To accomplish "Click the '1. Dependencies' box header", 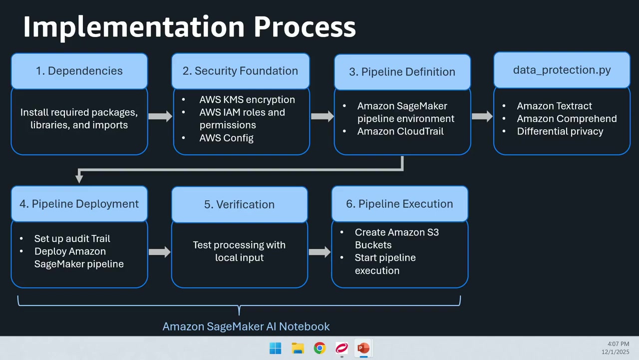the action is tap(79, 71).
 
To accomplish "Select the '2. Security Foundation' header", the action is tap(241, 71).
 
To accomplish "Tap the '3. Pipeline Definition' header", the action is tap(402, 72).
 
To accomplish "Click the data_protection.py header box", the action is tap(562, 70).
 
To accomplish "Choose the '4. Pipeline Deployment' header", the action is tap(79, 204).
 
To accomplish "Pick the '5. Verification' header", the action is tap(239, 204).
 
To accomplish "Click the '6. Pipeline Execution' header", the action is tap(400, 204).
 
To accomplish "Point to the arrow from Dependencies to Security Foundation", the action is tap(160, 116).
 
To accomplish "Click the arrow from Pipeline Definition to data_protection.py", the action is tap(482, 116).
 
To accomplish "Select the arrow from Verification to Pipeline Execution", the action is tap(320, 252).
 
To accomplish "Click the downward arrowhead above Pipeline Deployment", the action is tap(79, 178).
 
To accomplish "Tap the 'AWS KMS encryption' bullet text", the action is tap(247, 99).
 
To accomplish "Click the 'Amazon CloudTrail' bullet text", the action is tap(400, 131).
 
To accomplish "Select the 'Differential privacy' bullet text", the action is tap(560, 131).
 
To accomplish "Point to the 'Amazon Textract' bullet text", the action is tap(554, 106).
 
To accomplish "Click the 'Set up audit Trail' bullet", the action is tap(72, 238).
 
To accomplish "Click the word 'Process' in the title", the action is tap(305, 27).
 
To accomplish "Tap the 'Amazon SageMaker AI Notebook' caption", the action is tap(246, 326).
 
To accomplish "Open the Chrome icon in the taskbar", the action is tap(319, 348).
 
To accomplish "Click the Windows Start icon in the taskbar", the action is tap(275, 348).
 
